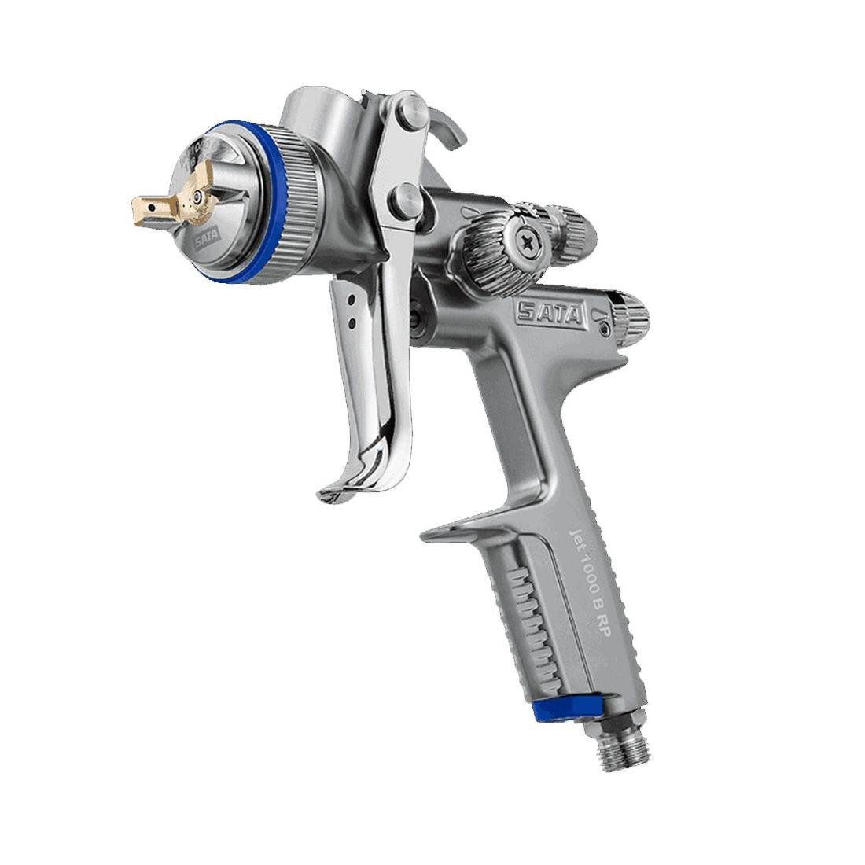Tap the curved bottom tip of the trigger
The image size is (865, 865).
pyautogui.click(x=334, y=493)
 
